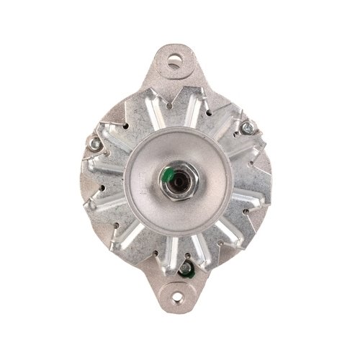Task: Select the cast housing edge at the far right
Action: [268, 180]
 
